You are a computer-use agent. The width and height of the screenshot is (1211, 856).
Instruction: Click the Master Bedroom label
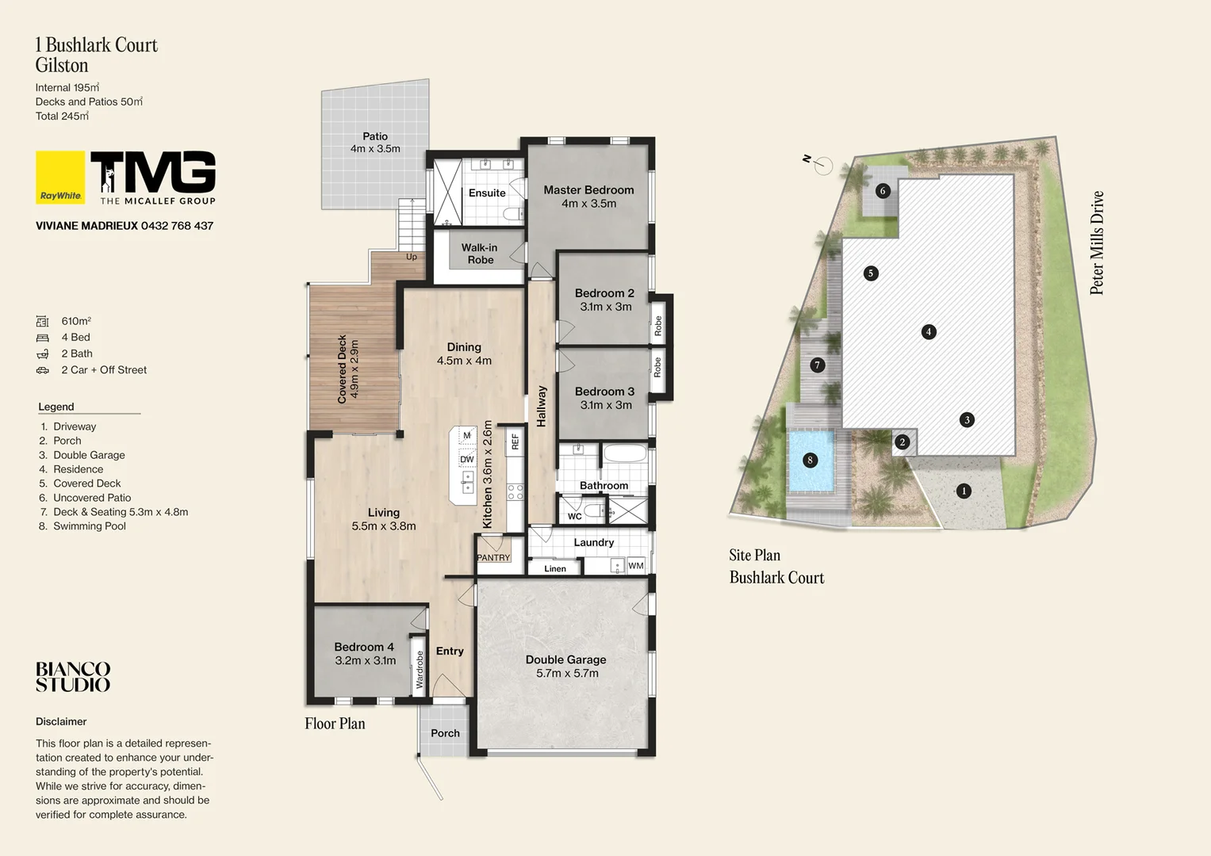588,190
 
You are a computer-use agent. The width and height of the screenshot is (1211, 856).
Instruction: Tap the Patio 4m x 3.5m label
375,143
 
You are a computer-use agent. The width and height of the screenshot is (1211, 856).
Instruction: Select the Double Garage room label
565,659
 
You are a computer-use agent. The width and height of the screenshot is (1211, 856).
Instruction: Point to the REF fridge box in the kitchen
515,441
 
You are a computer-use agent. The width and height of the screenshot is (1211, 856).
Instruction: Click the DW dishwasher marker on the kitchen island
467,460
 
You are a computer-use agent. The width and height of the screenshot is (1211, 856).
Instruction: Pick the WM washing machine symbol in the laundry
636,565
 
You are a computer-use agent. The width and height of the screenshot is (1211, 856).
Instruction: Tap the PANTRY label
493,558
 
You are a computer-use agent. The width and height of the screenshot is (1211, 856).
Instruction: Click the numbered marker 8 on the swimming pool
810,460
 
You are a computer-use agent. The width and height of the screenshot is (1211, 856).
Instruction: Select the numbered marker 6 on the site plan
882,191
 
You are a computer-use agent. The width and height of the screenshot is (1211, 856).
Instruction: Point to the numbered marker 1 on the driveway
964,491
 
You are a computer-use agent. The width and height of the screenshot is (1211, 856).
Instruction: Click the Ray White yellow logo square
60,178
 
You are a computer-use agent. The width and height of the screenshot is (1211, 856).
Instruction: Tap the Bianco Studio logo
73,678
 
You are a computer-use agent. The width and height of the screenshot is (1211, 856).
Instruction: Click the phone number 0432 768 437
177,226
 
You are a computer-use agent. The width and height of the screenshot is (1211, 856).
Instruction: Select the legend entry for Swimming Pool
89,526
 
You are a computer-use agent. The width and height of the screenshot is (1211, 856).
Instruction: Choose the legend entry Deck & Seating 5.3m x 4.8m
120,512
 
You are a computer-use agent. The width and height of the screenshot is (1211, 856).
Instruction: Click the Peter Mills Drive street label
1097,243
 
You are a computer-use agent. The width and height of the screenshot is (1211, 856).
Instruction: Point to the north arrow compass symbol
822,165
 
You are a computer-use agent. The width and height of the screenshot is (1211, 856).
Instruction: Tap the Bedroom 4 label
364,647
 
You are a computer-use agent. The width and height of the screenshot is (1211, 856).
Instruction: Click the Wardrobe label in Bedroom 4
420,670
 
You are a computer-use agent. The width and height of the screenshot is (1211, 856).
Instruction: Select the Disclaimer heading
61,721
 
